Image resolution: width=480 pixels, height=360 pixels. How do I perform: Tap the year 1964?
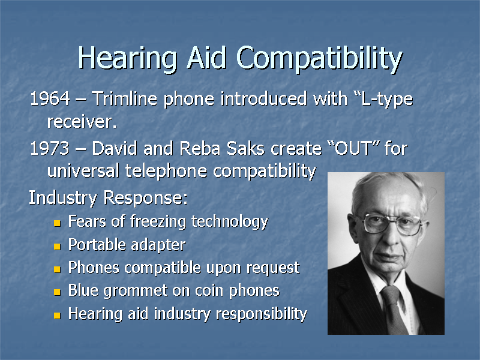click(x=47, y=99)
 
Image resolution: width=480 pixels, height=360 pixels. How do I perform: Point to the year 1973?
click(x=47, y=148)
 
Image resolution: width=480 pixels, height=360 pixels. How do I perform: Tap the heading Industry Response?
click(x=109, y=197)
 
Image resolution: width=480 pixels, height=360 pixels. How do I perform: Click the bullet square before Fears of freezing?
click(x=56, y=223)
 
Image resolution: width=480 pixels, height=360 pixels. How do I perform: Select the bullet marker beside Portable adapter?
click(x=56, y=246)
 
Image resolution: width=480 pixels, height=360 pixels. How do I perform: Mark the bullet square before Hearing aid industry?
click(x=56, y=315)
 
